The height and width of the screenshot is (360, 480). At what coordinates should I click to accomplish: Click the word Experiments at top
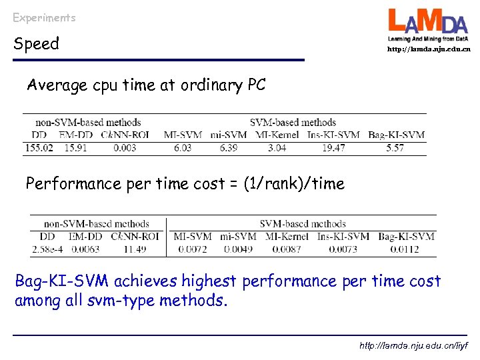coord(44,18)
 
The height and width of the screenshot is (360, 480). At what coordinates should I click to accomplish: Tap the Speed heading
coord(37,44)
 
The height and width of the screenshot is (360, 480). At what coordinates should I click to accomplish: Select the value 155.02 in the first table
coord(39,147)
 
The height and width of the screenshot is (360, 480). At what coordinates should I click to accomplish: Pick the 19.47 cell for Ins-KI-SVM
coord(333,147)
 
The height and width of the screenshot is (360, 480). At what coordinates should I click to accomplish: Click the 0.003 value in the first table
coord(125,147)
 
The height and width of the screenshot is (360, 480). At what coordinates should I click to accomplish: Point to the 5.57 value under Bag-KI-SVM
coord(395,147)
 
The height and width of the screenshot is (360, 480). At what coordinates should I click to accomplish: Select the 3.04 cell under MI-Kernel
coord(277,147)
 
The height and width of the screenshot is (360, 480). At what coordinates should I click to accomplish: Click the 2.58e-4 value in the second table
coord(47,249)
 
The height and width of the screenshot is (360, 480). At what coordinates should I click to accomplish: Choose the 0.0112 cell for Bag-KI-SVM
coord(406,249)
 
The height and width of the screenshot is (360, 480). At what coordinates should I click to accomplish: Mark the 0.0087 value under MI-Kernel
coord(287,249)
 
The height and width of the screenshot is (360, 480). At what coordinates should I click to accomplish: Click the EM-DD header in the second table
coord(85,236)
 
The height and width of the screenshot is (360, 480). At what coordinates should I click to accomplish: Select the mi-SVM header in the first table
coord(229,135)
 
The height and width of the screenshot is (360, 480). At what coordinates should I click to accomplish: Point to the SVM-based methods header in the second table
coord(303,224)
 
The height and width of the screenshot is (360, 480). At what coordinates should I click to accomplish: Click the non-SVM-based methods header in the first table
coord(88,122)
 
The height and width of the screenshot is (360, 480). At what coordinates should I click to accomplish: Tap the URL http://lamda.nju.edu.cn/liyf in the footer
coord(413,346)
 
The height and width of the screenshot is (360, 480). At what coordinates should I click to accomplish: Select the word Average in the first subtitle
coord(57,85)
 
